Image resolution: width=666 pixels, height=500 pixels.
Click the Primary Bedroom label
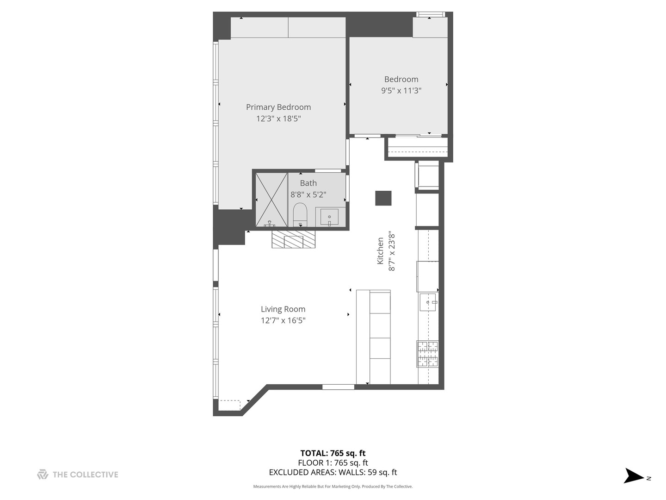click(x=278, y=107)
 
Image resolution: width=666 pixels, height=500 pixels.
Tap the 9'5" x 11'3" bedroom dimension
click(x=401, y=90)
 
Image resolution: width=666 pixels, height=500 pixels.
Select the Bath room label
click(x=308, y=183)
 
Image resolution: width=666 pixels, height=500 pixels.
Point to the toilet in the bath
click(x=300, y=214)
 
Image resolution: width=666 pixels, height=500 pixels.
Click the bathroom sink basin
click(x=329, y=217)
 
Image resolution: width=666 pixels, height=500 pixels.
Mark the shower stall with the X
click(x=271, y=200)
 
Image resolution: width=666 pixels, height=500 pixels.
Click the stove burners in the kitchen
click(x=428, y=354)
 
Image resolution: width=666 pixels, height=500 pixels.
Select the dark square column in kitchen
click(x=383, y=198)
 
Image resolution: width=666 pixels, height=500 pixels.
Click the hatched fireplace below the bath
click(x=293, y=240)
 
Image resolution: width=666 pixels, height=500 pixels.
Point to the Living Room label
click(x=283, y=309)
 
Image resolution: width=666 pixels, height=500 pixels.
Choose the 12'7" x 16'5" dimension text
click(x=283, y=320)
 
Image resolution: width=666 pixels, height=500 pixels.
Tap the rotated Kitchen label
click(x=380, y=251)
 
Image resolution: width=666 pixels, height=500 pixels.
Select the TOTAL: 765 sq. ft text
click(x=333, y=453)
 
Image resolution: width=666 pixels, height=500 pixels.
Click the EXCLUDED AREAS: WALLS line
click(x=333, y=472)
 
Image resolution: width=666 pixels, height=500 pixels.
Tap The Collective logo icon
click(x=43, y=475)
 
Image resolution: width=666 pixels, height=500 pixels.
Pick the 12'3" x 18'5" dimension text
click(x=278, y=119)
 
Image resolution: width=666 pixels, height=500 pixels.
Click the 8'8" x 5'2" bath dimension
click(x=308, y=195)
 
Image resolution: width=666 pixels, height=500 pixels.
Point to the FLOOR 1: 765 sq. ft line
click(x=333, y=462)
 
